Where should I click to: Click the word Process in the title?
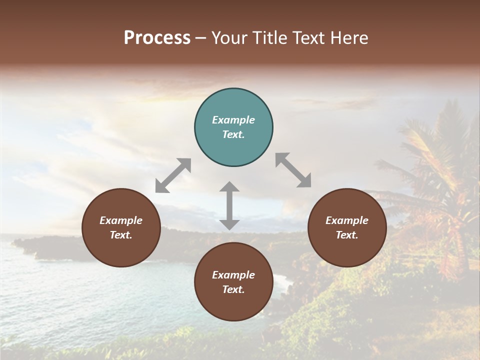click(157, 38)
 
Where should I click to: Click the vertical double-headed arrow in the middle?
click(229, 205)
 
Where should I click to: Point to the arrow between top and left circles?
click(173, 175)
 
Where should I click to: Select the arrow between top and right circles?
click(293, 170)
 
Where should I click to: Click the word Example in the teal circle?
click(233, 120)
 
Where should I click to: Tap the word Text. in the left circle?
click(121, 235)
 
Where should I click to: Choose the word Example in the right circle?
click(347, 220)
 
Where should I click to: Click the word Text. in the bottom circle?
click(233, 289)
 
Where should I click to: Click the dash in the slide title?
click(200, 38)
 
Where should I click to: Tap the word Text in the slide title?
click(306, 38)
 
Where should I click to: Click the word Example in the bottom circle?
click(233, 275)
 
